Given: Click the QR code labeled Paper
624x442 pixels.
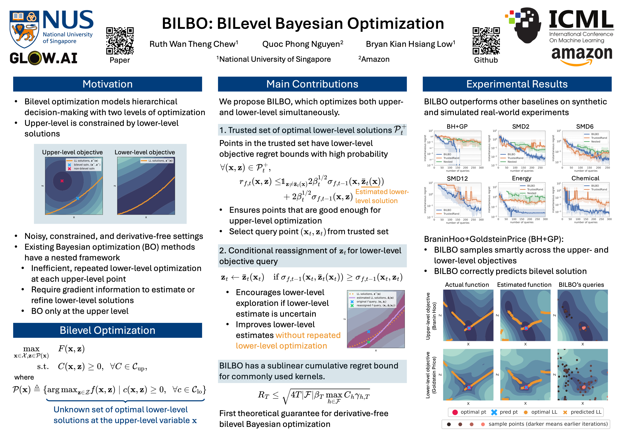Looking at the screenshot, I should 120,41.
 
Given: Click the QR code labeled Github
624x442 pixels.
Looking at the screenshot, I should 486,41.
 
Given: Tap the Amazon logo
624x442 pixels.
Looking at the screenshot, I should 582,56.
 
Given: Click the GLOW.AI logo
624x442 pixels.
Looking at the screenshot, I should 44,58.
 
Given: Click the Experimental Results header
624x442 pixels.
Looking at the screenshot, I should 517,84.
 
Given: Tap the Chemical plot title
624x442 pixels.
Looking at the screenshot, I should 585,178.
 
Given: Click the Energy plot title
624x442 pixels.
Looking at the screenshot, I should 521,178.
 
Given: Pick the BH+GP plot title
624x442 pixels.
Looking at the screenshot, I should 457,127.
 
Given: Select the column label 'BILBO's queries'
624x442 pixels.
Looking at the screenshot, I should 581,285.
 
